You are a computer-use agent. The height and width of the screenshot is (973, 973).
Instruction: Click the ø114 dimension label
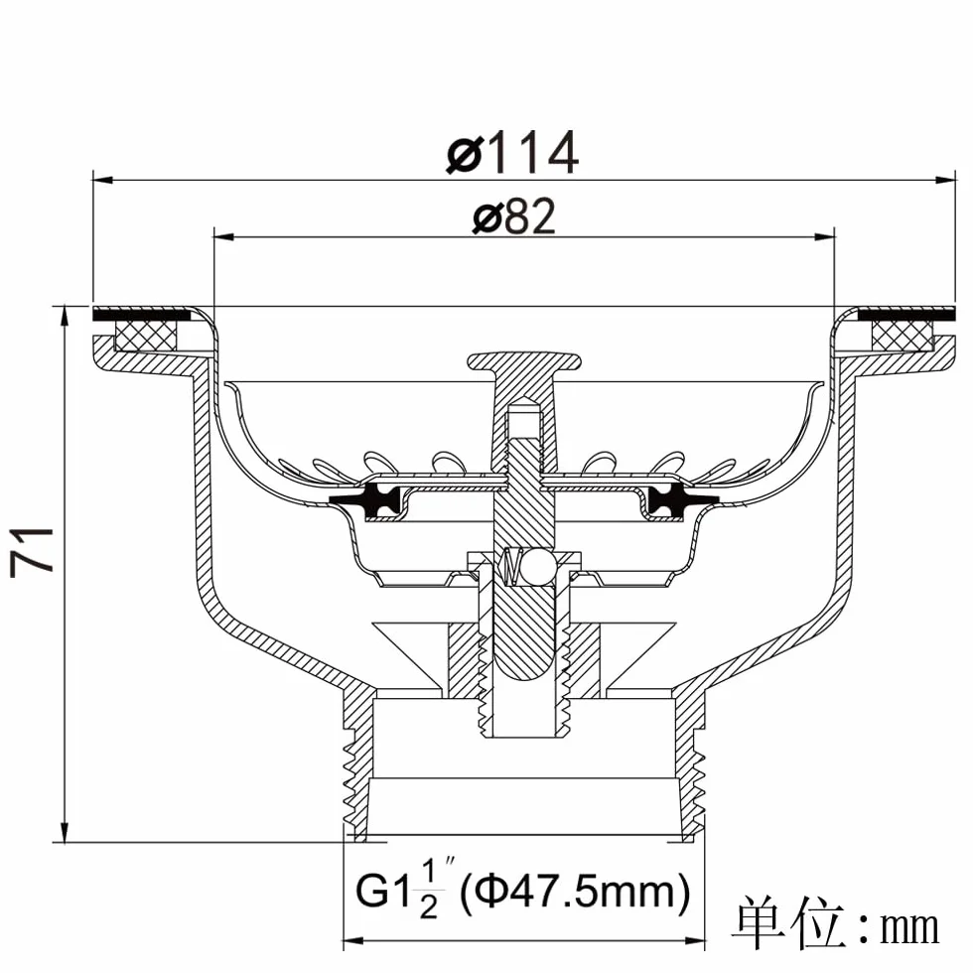click(512, 152)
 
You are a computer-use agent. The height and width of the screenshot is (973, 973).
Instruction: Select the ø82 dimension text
click(514, 216)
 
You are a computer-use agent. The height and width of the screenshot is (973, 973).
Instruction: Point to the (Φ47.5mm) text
click(575, 892)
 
